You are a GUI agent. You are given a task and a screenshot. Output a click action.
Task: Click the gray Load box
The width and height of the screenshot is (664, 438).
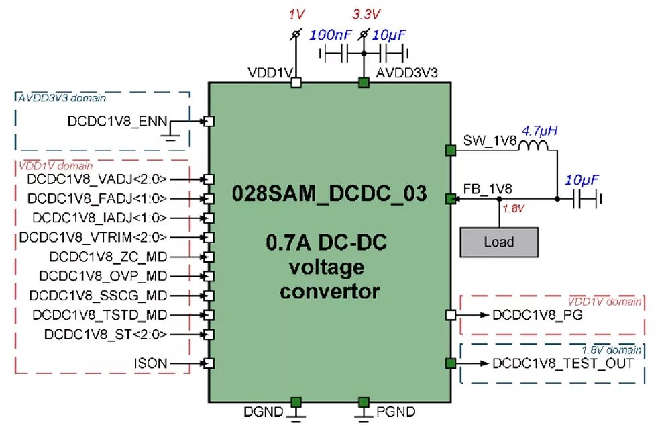499,242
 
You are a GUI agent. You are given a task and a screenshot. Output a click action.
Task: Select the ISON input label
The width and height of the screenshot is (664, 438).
150,363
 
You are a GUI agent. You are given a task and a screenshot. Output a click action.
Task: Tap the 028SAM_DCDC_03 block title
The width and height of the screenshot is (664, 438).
329,193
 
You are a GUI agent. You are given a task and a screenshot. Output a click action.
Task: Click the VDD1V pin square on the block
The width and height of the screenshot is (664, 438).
295,82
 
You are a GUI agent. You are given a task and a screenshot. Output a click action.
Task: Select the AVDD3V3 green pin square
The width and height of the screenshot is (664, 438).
364,82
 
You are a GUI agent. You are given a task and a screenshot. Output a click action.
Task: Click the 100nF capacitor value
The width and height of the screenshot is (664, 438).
331,34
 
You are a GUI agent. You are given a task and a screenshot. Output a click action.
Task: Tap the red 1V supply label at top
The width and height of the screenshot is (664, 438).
295,14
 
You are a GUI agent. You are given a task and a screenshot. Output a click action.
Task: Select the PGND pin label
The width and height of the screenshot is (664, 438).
396,411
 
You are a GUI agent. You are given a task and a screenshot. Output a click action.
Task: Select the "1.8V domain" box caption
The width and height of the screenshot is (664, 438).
611,350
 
